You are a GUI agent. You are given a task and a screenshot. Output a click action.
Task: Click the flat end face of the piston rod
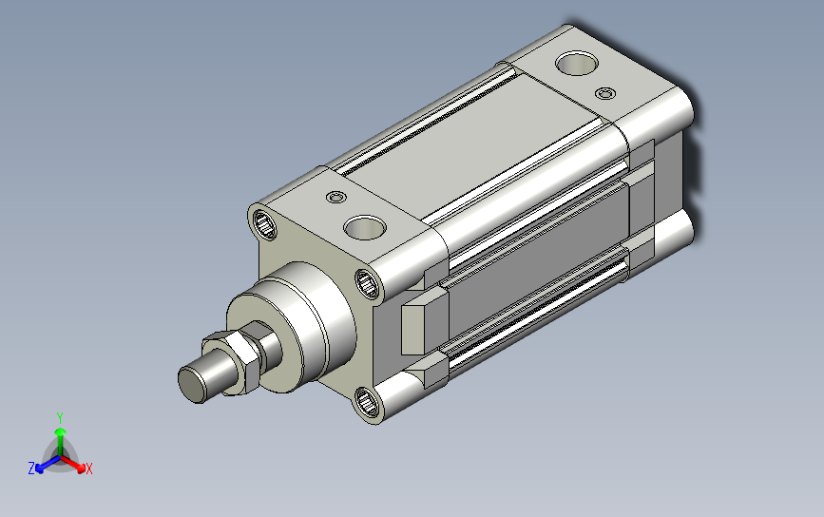pos(191,385)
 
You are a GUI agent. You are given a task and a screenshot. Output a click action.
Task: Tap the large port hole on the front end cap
pos(365,227)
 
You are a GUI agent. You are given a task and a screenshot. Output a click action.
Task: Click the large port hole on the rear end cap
pos(577,63)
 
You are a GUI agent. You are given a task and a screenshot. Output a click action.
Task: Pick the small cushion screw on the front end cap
pos(336,198)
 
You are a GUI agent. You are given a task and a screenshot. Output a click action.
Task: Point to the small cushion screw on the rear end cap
pos(605,93)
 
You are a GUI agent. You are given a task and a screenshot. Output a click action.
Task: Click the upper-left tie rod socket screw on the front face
pos(264,224)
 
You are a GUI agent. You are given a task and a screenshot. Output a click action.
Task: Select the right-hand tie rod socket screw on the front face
pos(368,284)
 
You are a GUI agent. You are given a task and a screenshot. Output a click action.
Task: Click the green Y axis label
pos(60,418)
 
